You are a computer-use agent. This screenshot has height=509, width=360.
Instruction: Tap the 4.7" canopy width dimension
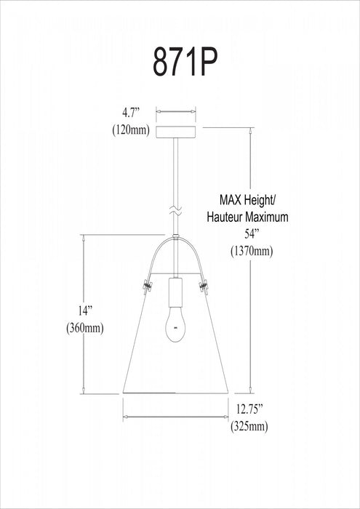132,113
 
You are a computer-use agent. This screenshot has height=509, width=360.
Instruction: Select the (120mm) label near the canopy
132,130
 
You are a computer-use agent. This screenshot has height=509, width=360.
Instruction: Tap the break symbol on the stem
175,210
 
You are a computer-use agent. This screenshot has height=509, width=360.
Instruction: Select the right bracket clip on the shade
204,283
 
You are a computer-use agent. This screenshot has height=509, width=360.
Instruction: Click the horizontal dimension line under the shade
175,417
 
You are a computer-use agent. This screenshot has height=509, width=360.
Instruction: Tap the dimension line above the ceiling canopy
176,113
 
